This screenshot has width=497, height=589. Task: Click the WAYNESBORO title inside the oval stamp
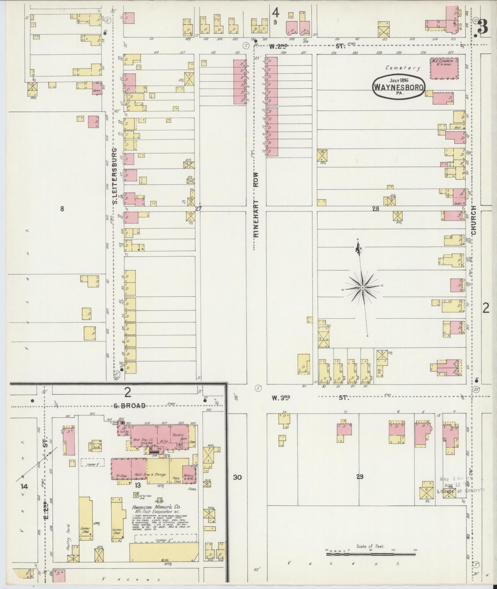pyautogui.click(x=399, y=86)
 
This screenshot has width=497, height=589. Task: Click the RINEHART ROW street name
pyautogui.click(x=256, y=205)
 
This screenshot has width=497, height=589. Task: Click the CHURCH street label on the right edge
pyautogui.click(x=474, y=220)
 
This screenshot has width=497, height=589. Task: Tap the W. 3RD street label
pyautogui.click(x=281, y=398)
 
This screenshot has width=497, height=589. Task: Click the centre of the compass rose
pyautogui.click(x=363, y=288)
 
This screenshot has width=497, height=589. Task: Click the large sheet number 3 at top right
pyautogui.click(x=483, y=28)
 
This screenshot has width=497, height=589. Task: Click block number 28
pyautogui.click(x=375, y=209)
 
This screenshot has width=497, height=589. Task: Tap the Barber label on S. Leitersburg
pyautogui.click(x=97, y=91)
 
